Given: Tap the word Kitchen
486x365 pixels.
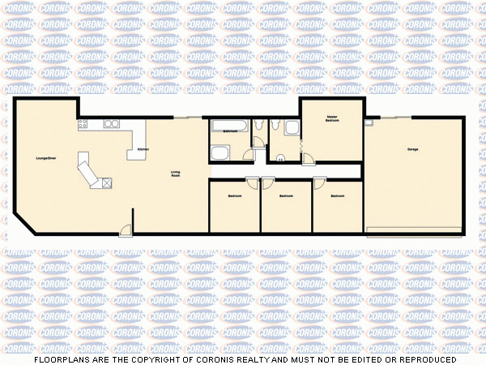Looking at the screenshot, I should (143, 150).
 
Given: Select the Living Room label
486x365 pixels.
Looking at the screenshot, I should (175, 174).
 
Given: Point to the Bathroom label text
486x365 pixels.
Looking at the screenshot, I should (230, 130).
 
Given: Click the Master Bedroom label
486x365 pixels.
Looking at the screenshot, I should (332, 118).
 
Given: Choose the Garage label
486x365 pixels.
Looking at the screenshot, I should (412, 150).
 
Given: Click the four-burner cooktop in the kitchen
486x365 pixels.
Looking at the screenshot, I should (83, 124).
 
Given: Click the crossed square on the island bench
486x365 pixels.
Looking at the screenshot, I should (106, 183).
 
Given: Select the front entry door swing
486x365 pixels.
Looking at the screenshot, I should (126, 230).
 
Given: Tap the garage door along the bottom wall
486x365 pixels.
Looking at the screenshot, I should (414, 232).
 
